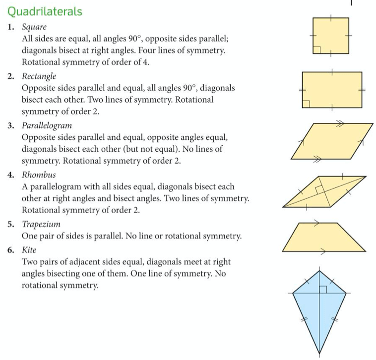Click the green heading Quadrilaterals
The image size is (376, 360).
[45, 11]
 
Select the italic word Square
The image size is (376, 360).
[34, 27]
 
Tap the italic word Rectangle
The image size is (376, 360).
[39, 76]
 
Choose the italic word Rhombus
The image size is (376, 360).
[39, 175]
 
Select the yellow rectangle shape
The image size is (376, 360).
[332, 90]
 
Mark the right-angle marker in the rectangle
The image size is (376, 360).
[307, 104]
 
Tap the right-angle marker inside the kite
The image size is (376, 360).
[322, 289]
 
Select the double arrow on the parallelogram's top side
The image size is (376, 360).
[339, 124]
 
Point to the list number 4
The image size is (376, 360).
[10, 175]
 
